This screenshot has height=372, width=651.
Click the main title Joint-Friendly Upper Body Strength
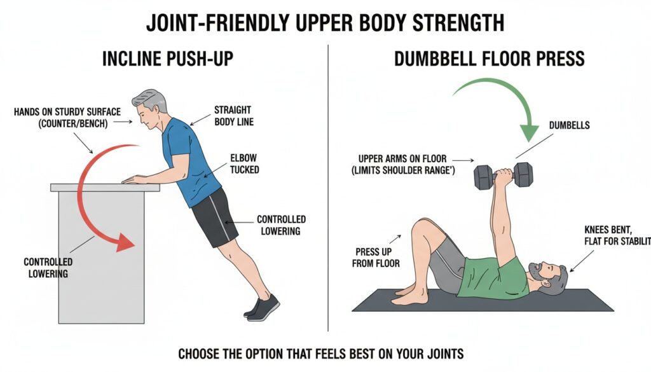tap(325, 22)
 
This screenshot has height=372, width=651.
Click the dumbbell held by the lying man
tap(503, 176)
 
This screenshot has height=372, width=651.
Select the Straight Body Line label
tap(233, 115)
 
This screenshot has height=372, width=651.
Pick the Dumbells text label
tap(569, 125)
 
